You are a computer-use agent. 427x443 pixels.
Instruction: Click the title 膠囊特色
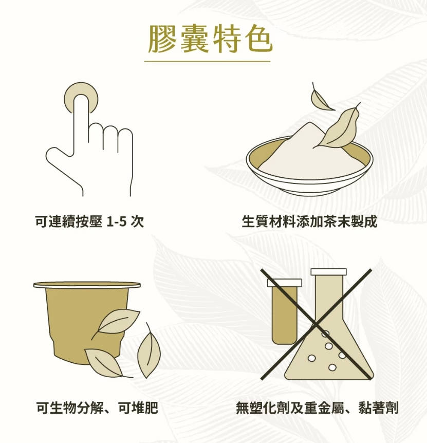(210, 39)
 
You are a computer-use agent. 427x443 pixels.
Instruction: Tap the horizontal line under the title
(207, 61)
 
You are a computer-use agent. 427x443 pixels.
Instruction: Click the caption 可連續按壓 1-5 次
(89, 221)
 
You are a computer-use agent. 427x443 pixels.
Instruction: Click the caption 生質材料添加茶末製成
(309, 221)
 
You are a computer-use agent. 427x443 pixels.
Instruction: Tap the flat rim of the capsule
(87, 285)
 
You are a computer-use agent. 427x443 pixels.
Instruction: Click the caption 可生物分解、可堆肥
(97, 408)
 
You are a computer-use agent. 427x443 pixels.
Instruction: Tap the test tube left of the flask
(284, 311)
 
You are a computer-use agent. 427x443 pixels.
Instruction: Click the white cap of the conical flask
(328, 272)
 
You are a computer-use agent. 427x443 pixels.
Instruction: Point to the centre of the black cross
(316, 325)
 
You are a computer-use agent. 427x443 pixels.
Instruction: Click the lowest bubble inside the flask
(332, 367)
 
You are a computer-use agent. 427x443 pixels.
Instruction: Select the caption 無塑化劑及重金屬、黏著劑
(317, 408)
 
